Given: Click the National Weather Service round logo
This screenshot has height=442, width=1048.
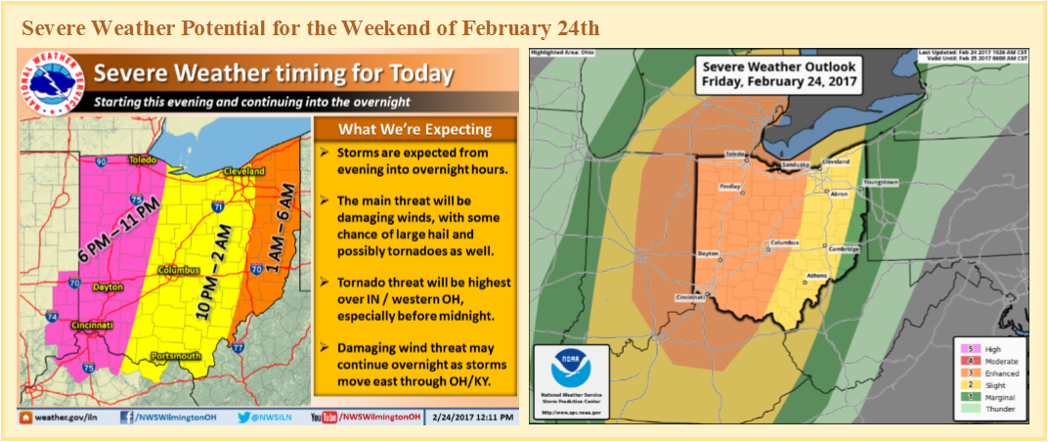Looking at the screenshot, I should (x=50, y=84).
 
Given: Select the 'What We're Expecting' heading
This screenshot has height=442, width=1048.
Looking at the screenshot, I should (x=415, y=129).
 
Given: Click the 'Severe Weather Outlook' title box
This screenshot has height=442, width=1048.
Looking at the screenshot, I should (x=779, y=74).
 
